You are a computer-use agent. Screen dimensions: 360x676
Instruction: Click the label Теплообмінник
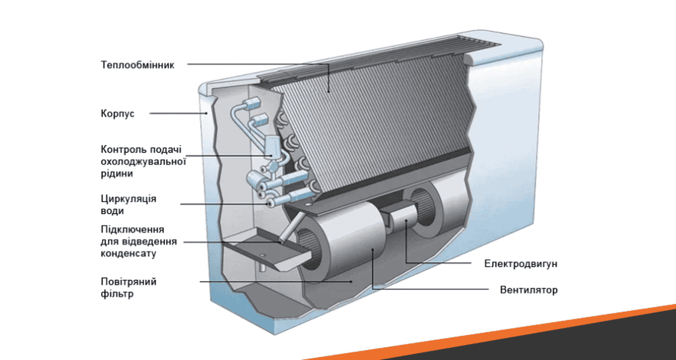click(138, 65)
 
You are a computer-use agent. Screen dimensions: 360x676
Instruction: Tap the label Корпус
click(117, 114)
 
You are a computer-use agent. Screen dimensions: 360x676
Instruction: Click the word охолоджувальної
click(144, 161)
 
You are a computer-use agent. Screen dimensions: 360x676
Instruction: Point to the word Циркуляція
click(129, 199)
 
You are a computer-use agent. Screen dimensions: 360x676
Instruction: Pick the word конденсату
click(128, 253)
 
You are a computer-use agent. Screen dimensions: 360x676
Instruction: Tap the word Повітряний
click(129, 282)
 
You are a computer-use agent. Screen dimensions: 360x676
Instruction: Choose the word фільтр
click(117, 294)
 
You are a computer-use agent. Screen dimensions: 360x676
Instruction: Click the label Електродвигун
click(521, 264)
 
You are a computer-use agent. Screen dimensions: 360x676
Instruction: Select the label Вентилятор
click(529, 290)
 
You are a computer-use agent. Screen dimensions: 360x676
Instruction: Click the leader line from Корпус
click(178, 113)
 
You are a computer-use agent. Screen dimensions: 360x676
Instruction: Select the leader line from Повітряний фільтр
click(272, 282)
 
